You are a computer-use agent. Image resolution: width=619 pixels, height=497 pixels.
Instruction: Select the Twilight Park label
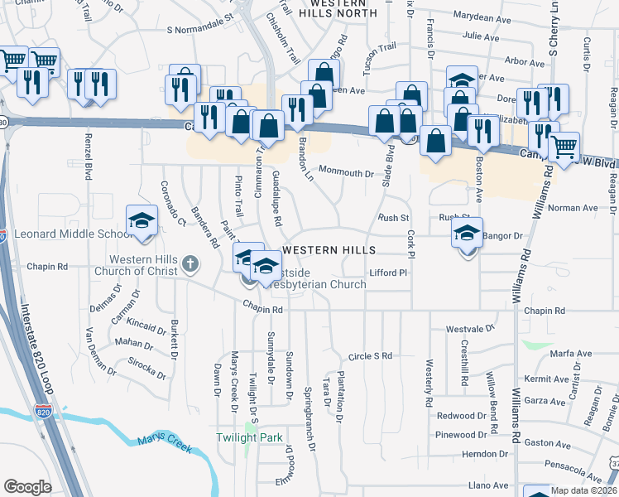[x=249, y=437]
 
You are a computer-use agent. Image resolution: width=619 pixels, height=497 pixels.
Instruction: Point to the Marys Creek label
[x=166, y=442]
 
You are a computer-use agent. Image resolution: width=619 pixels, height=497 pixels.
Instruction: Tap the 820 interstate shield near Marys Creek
[x=42, y=411]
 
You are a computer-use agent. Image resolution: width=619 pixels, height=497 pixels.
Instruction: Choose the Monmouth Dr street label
[x=347, y=174]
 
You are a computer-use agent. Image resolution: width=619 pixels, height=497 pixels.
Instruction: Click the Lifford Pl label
[x=388, y=273]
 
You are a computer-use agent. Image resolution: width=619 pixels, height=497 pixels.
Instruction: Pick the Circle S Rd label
[x=369, y=356]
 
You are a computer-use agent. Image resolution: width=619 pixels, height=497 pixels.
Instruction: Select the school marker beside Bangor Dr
[x=467, y=236]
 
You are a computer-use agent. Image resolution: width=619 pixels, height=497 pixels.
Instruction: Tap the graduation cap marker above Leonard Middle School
[x=141, y=221]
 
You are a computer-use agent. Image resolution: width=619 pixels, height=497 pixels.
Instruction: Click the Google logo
[x=27, y=487]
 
